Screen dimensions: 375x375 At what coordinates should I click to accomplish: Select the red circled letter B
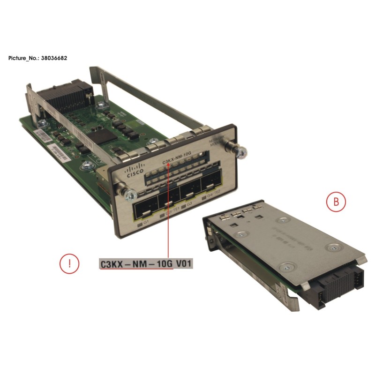pos(336,202)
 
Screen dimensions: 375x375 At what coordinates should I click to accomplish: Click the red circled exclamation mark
pos(69,263)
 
